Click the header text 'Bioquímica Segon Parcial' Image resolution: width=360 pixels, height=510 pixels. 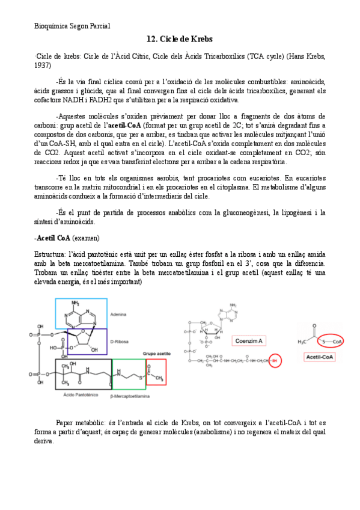click(x=72, y=25)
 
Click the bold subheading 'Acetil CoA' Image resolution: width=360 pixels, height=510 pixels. click(x=55, y=238)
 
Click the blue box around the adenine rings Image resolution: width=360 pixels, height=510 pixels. click(x=81, y=313)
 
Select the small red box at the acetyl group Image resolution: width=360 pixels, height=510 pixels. click(x=156, y=372)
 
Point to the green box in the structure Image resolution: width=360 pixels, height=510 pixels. click(x=129, y=375)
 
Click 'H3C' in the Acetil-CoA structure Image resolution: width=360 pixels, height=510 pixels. click(x=304, y=342)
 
